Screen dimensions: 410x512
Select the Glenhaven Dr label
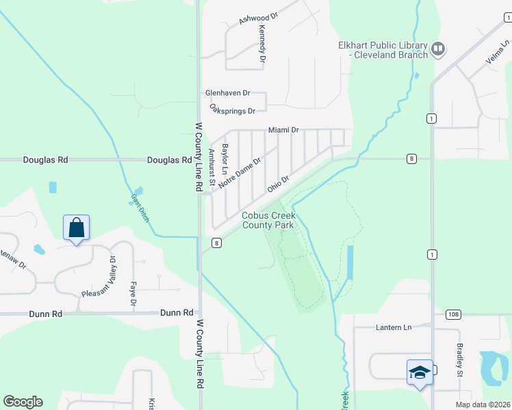(228, 92)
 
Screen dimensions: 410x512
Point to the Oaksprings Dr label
(232, 109)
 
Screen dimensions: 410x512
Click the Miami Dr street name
(283, 130)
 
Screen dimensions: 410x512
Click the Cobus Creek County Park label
(268, 220)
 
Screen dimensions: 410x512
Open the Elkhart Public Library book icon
(437, 49)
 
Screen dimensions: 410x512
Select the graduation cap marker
(419, 372)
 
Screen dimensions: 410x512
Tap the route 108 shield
(452, 314)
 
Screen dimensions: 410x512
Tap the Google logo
(23, 402)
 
